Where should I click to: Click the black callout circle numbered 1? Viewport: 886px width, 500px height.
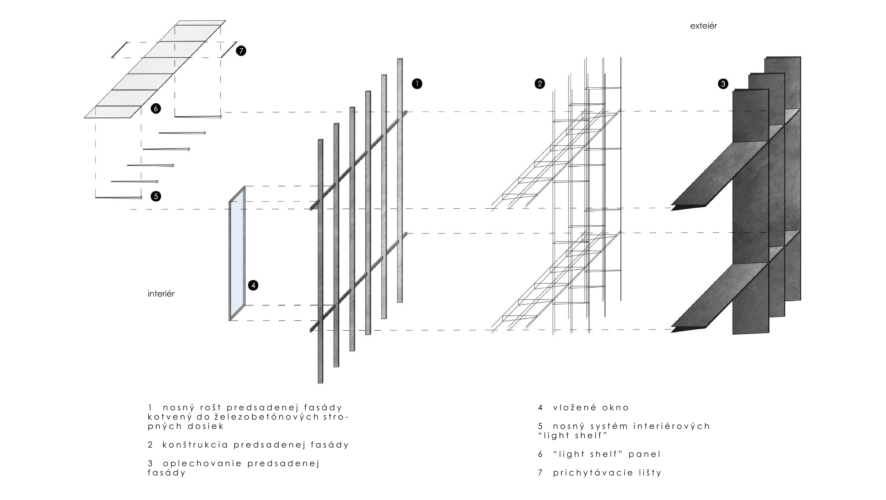coord(417,84)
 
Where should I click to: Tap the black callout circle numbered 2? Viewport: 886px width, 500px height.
coord(540,84)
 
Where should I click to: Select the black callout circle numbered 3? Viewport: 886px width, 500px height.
coord(723,84)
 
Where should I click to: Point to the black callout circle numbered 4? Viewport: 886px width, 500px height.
coord(253,285)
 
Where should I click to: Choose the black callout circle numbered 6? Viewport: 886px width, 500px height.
coord(156,109)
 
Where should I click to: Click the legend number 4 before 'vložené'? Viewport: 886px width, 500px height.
coord(540,408)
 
